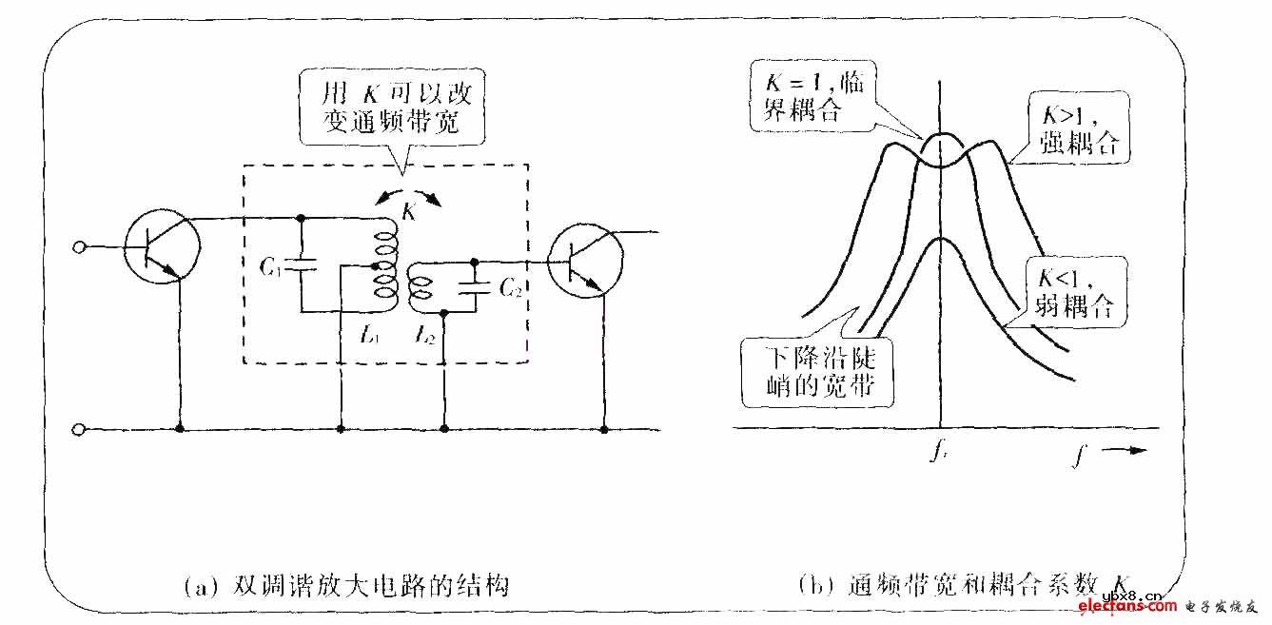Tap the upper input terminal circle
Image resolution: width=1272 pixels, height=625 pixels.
pos(80,248)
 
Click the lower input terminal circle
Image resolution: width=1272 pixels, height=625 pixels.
pos(80,429)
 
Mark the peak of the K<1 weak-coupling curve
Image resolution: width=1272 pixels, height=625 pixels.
pos(940,237)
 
